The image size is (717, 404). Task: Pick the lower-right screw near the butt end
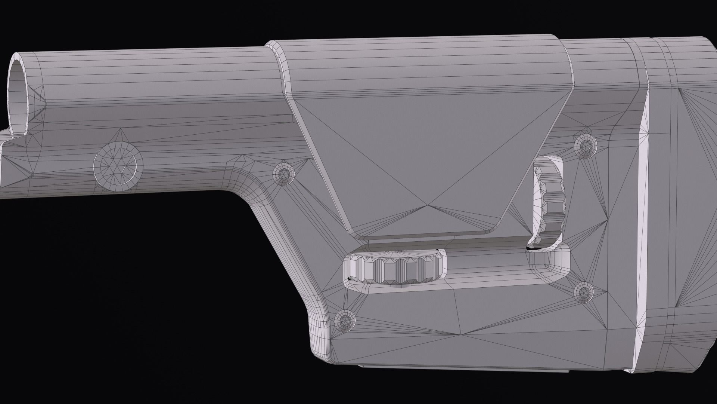coord(583,291)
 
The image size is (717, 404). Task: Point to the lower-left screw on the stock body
coord(344,320)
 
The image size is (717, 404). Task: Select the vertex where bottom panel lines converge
coord(463,334)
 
